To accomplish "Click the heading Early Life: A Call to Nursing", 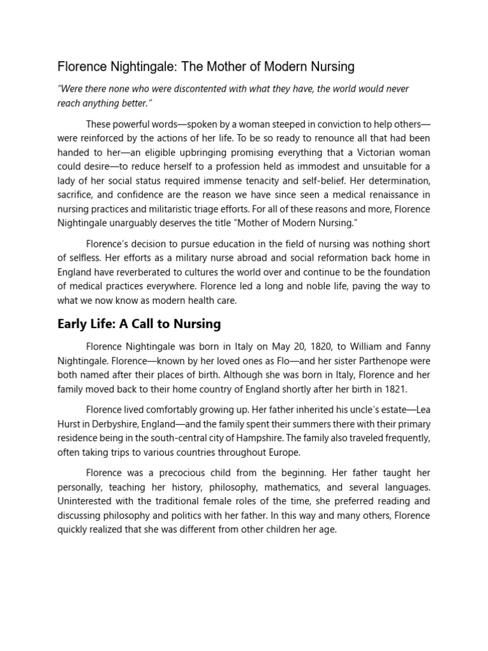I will [x=139, y=324].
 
